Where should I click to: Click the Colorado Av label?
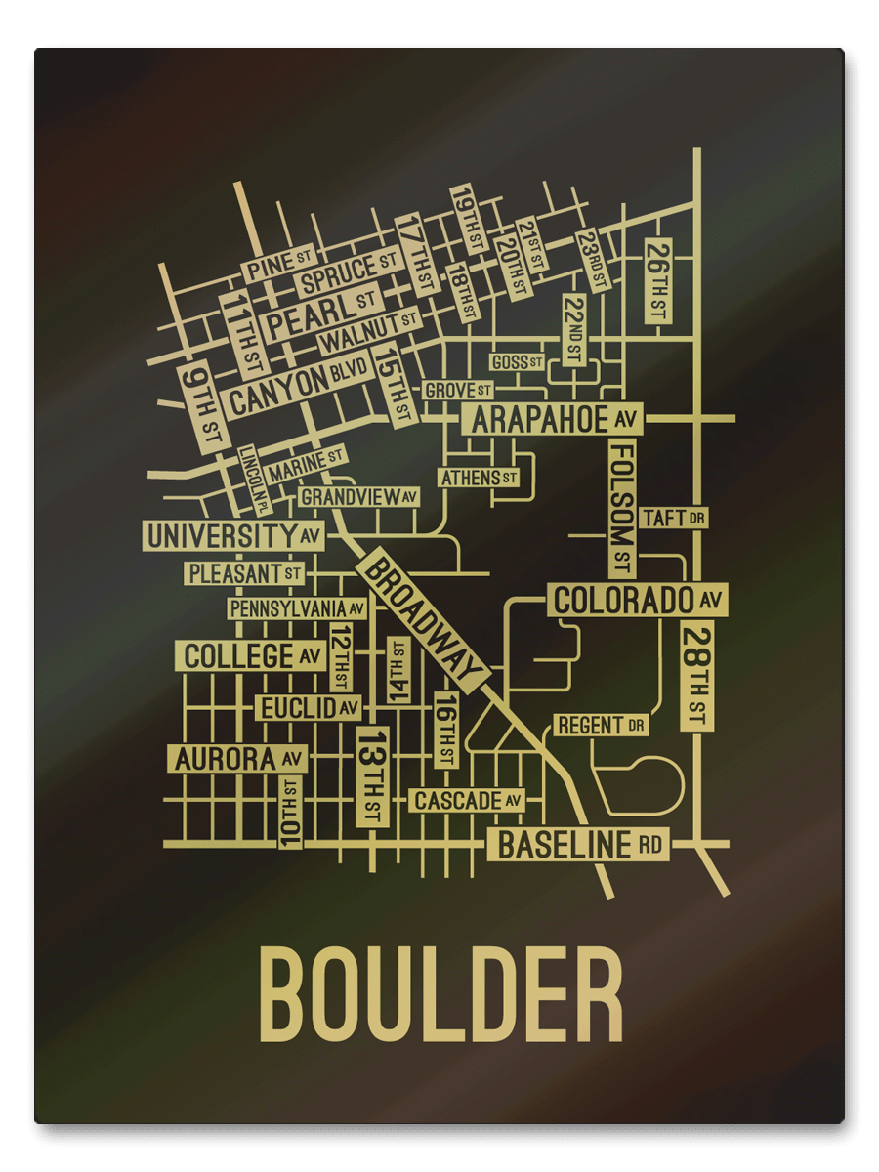pyautogui.click(x=637, y=599)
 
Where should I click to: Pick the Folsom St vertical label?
pyautogui.click(x=623, y=507)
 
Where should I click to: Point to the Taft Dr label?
pyautogui.click(x=674, y=518)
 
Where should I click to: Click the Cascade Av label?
pyautogui.click(x=467, y=801)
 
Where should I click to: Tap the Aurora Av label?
pyautogui.click(x=237, y=758)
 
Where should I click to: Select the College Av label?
pyautogui.click(x=251, y=655)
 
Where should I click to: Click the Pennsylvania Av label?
pyautogui.click(x=297, y=608)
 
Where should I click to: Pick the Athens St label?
pyautogui.click(x=479, y=478)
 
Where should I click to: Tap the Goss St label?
pyautogui.click(x=517, y=362)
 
